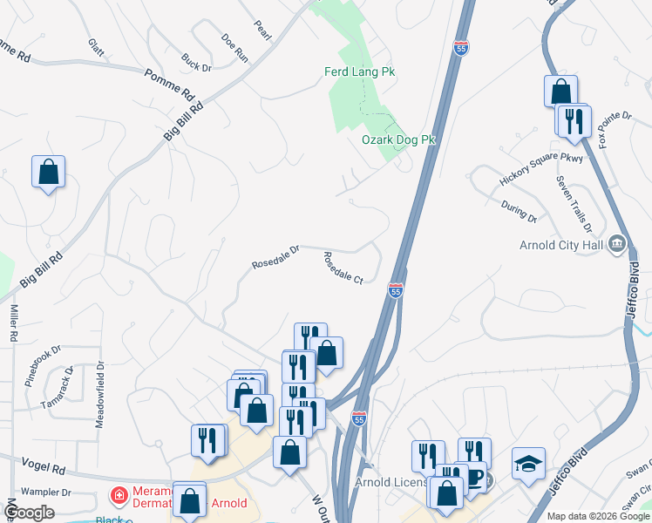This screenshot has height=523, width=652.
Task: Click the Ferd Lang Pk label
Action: coord(360,72)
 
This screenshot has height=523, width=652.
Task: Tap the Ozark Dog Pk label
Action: coord(397,139)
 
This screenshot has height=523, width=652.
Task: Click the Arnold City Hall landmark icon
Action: coord(617,242)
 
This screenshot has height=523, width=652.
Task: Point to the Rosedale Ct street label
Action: coord(343,268)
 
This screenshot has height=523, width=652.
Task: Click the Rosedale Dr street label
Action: coord(275,255)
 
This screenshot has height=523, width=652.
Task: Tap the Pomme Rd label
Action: coord(170,83)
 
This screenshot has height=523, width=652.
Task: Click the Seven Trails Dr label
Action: coord(574,204)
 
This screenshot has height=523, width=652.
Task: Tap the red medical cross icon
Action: coord(116,496)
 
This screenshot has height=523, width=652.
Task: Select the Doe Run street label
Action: coord(235,46)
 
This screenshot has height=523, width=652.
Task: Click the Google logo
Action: coord(30,513)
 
